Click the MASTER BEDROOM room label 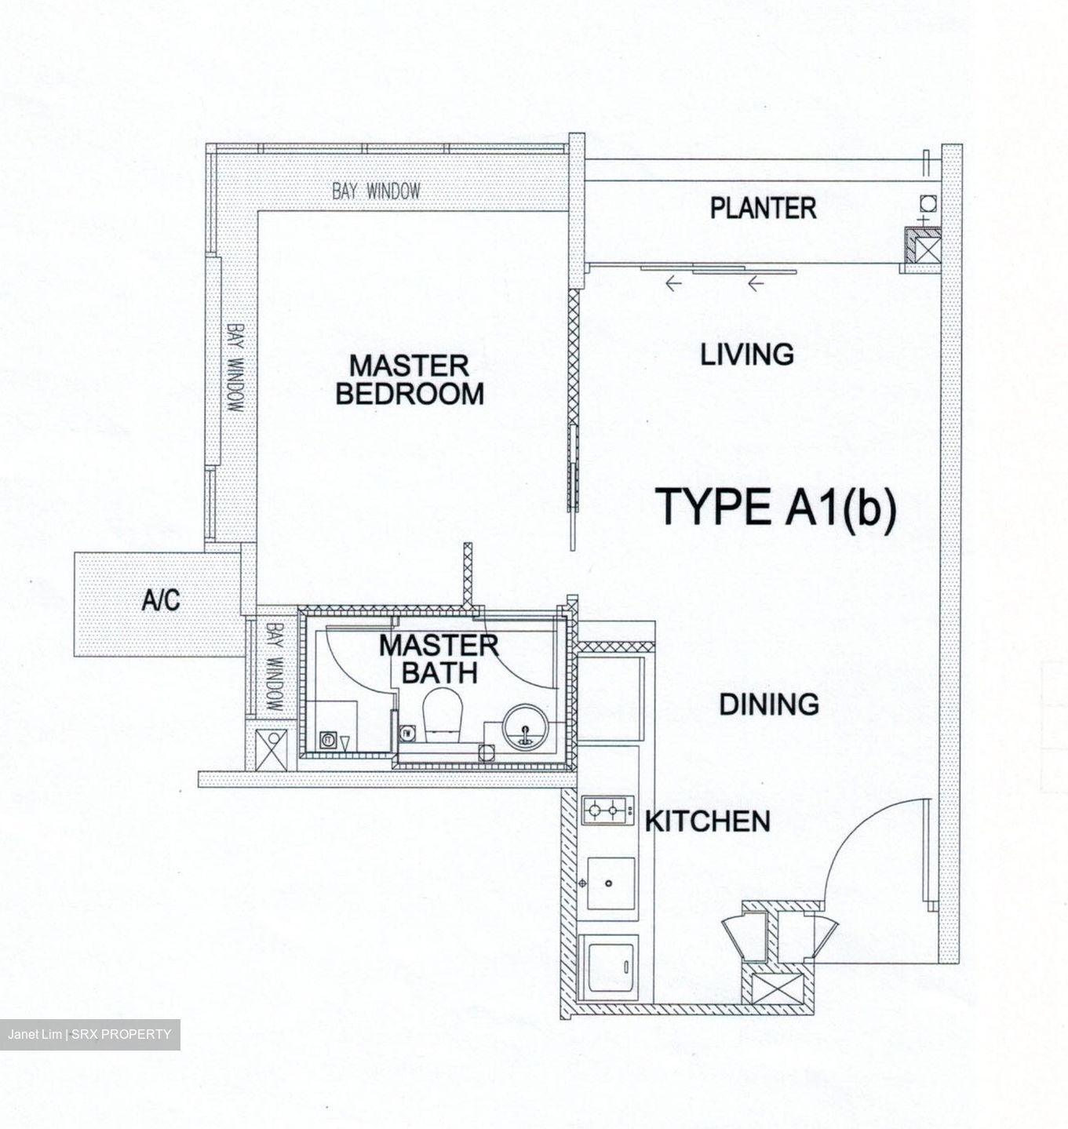pyautogui.click(x=409, y=380)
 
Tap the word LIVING pyautogui.click(x=746, y=355)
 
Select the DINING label pyautogui.click(x=768, y=705)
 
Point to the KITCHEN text pyautogui.click(x=707, y=821)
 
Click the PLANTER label pyautogui.click(x=763, y=209)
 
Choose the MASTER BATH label pyautogui.click(x=439, y=659)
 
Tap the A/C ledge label pyautogui.click(x=161, y=600)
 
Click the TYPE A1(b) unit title pyautogui.click(x=775, y=507)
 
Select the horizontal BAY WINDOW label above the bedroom pyautogui.click(x=376, y=191)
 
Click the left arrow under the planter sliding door pyautogui.click(x=673, y=285)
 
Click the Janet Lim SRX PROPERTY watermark pyautogui.click(x=89, y=1034)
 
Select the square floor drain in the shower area pyautogui.click(x=326, y=739)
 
